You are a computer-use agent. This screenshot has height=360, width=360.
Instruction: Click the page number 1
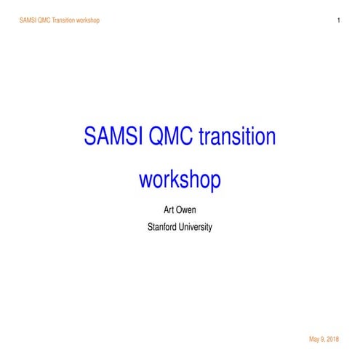(339, 20)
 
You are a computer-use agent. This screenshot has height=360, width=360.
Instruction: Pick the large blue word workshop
(180, 179)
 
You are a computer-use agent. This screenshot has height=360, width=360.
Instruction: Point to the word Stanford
(161, 227)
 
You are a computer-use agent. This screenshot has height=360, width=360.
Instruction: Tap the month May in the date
(314, 340)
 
